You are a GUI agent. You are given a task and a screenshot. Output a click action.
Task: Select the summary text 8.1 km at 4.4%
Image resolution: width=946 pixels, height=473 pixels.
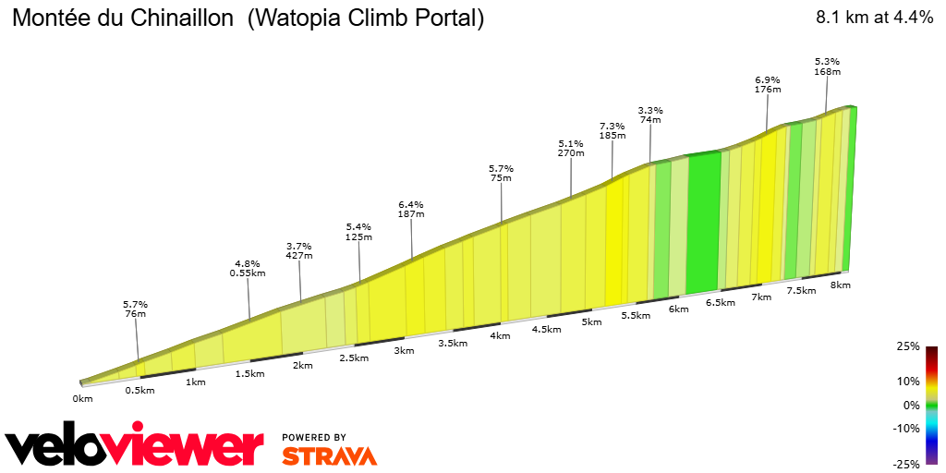(x=874, y=18)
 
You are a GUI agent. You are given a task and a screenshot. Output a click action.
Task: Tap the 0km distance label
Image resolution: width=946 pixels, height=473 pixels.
(x=83, y=398)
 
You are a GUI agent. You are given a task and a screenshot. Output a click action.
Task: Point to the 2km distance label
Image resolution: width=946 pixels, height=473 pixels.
(x=302, y=365)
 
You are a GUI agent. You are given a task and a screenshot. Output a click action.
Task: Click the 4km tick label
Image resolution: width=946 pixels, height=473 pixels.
(x=501, y=335)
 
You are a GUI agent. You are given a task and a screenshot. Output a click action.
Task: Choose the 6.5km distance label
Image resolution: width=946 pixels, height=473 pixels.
(x=720, y=302)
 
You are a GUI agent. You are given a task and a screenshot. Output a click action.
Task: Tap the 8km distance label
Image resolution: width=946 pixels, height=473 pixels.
(x=840, y=285)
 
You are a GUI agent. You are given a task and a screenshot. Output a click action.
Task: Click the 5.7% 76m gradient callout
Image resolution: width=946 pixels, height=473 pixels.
(x=135, y=309)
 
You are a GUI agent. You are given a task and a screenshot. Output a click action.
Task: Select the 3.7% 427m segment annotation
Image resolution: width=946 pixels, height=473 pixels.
(x=300, y=250)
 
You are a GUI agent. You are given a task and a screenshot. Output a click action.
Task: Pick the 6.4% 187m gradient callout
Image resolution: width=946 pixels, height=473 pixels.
(x=410, y=209)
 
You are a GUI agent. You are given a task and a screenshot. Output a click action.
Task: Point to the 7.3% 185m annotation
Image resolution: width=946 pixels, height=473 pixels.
(x=612, y=130)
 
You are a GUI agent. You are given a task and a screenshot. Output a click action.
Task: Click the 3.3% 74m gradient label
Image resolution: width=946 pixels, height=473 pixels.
(x=650, y=115)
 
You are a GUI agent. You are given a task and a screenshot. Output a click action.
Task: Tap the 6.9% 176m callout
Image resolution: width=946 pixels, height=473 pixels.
(x=768, y=84)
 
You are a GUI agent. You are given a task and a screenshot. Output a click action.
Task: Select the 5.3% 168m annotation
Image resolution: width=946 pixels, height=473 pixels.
(x=827, y=66)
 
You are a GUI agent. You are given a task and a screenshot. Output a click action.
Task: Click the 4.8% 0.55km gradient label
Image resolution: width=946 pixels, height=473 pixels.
(x=248, y=268)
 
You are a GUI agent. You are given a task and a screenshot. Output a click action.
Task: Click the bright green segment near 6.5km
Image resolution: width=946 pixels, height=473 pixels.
(x=703, y=222)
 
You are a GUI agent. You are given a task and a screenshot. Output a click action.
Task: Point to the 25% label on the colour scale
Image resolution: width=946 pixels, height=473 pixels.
(x=908, y=346)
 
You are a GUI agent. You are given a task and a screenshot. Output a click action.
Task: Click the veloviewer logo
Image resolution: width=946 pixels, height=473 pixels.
(x=135, y=447)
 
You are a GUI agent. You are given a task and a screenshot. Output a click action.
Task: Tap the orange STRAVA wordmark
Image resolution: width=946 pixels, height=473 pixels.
(x=329, y=455)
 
